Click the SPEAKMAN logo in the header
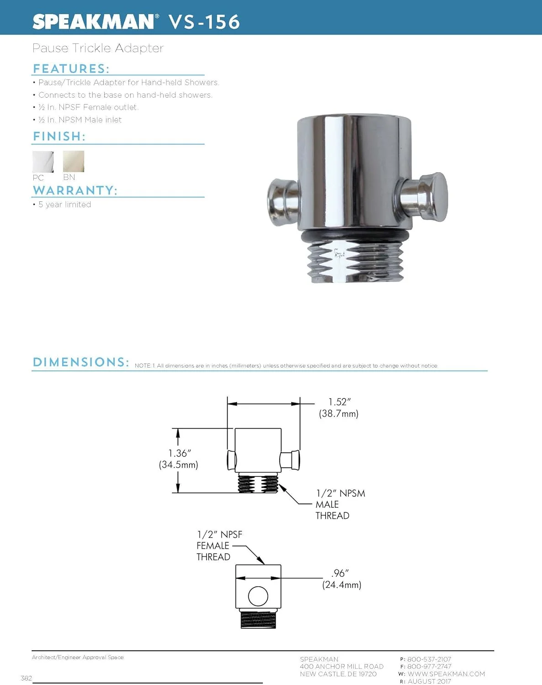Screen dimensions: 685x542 (x=94, y=21)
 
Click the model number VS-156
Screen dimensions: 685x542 (x=204, y=22)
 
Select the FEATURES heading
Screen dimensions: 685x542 (x=71, y=68)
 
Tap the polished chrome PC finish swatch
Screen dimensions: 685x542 (x=43, y=161)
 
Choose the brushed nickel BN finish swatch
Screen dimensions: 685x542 (x=73, y=161)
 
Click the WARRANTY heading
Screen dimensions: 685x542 (x=75, y=190)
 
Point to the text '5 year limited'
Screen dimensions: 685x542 (x=64, y=205)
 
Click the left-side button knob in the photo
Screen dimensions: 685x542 (x=282, y=202)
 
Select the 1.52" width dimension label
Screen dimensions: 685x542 (x=339, y=407)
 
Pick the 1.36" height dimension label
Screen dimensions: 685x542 (x=179, y=458)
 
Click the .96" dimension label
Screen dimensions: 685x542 (x=341, y=579)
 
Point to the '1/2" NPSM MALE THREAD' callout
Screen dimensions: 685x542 (x=340, y=504)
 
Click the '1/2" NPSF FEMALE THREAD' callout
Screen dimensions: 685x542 (x=219, y=545)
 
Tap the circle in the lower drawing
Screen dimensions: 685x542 (x=258, y=596)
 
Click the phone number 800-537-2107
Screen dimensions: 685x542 (x=429, y=659)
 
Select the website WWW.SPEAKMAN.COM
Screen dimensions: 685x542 (x=446, y=674)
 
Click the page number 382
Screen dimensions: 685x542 (x=27, y=678)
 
